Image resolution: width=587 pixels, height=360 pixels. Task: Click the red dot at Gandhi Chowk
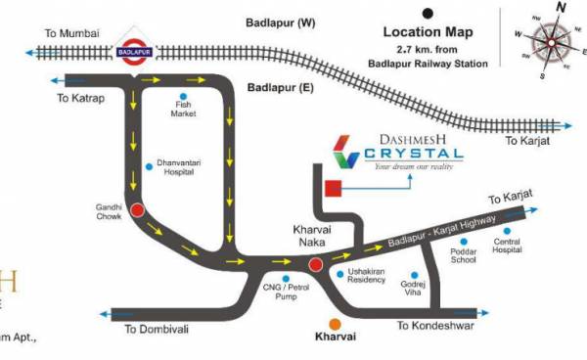[138, 208]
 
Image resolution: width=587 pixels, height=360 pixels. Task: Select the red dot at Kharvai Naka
[315, 264]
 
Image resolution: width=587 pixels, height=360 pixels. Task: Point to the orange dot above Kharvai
[336, 324]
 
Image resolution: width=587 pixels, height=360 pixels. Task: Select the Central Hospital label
[508, 246]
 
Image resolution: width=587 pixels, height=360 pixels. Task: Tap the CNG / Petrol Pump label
[286, 292]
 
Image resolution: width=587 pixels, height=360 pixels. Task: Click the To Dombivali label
[157, 329]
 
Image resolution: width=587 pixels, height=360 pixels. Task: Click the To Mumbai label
[73, 34]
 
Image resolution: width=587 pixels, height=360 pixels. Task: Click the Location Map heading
[427, 31]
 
